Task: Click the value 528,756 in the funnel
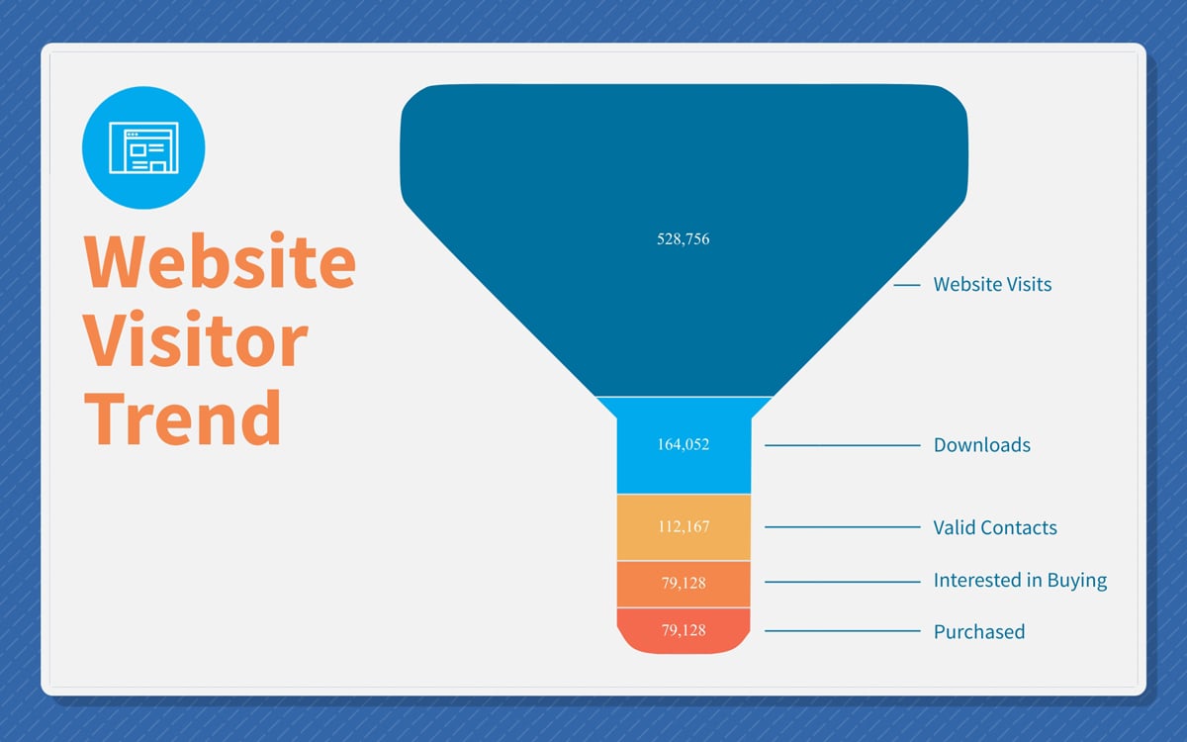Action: click(x=684, y=239)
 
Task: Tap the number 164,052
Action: click(x=684, y=444)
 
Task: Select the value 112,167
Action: click(x=684, y=526)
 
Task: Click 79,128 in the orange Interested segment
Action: click(x=684, y=583)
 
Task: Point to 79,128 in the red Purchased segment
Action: click(x=684, y=630)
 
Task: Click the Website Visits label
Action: click(x=992, y=285)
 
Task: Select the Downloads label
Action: click(x=982, y=445)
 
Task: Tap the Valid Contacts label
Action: click(x=995, y=528)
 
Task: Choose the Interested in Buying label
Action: click(x=1020, y=581)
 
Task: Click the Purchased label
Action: click(x=979, y=632)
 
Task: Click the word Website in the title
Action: click(x=220, y=261)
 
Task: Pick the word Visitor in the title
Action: click(x=196, y=338)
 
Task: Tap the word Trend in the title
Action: click(x=182, y=417)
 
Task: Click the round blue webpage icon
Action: click(x=143, y=147)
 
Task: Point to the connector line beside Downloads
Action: click(x=842, y=445)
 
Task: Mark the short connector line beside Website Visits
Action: click(x=907, y=285)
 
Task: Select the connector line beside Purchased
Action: click(x=842, y=631)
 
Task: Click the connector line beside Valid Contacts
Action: click(x=842, y=526)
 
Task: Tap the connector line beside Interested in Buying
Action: click(x=842, y=582)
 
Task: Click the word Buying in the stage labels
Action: click(x=1077, y=582)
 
